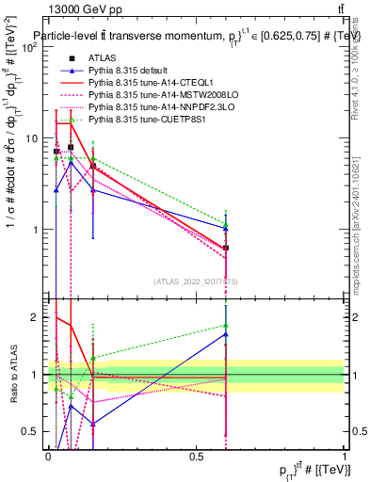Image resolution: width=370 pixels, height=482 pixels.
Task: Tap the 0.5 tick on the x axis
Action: tap(196, 457)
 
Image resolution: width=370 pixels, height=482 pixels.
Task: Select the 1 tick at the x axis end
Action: tap(345, 457)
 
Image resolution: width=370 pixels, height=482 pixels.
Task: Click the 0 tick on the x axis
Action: tap(48, 457)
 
